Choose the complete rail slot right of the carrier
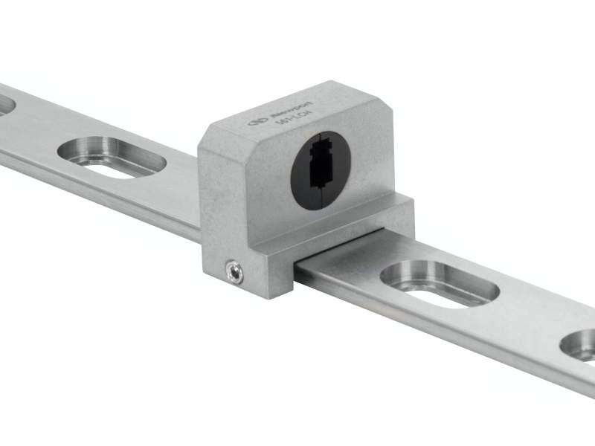(x=439, y=284)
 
